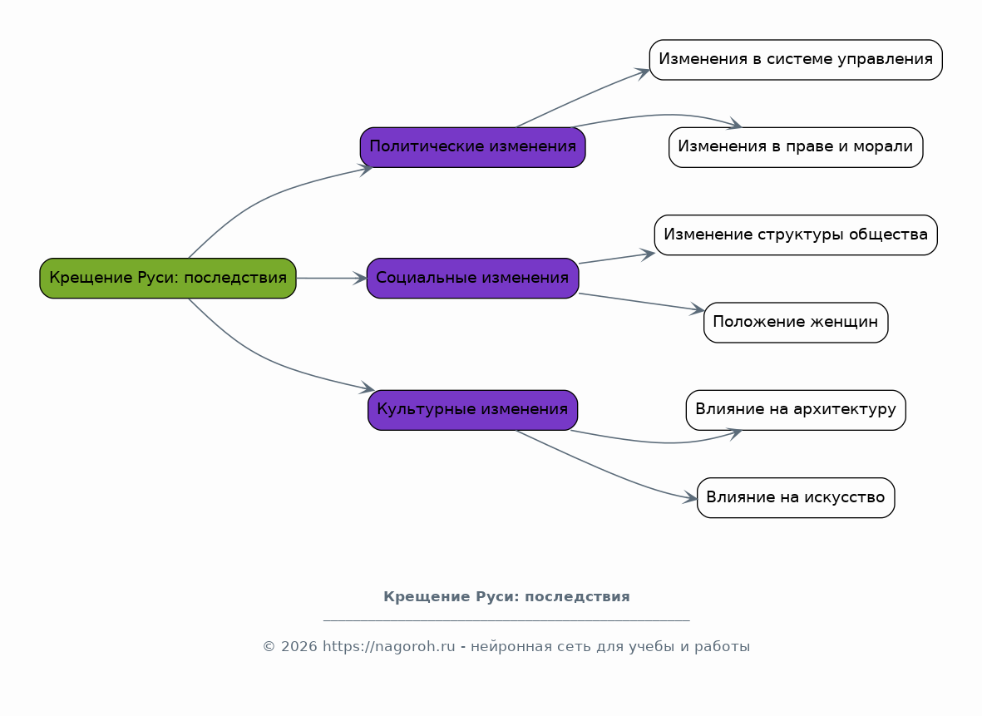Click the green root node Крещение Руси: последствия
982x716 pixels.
pyautogui.click(x=168, y=278)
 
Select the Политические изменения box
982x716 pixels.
pyautogui.click(x=473, y=147)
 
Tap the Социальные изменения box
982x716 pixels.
pyautogui.click(x=473, y=278)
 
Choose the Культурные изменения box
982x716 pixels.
pyautogui.click(x=473, y=410)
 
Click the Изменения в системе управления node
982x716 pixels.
pyautogui.click(x=796, y=60)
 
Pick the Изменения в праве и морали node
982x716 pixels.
pyautogui.click(x=796, y=147)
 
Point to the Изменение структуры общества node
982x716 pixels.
pyautogui.click(x=796, y=235)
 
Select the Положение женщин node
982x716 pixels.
pyautogui.click(x=796, y=322)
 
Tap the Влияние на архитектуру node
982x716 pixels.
pyautogui.click(x=796, y=410)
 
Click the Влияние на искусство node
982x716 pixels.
pyautogui.click(x=796, y=497)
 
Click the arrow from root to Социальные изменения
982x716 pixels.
pyautogui.click(x=332, y=278)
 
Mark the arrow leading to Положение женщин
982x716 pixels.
pyautogui.click(x=642, y=302)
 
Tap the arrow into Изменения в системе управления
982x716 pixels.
pyautogui.click(x=582, y=97)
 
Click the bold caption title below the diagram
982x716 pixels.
pyautogui.click(x=506, y=596)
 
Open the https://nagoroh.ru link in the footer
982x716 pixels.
pyautogui.click(x=389, y=646)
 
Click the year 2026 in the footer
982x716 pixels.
pyautogui.click(x=299, y=646)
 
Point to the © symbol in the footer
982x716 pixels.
pyautogui.click(x=269, y=646)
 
